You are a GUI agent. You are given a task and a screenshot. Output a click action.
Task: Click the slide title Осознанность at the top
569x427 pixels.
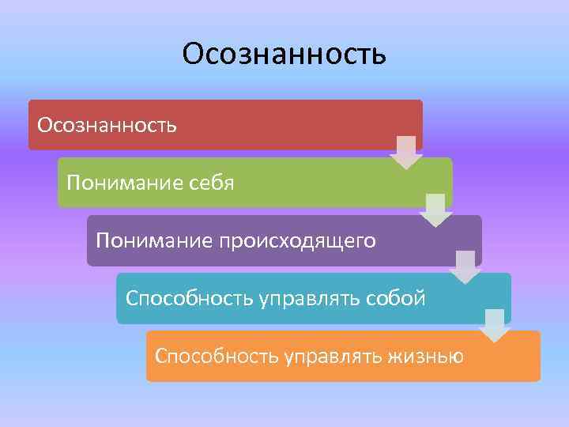click(284, 54)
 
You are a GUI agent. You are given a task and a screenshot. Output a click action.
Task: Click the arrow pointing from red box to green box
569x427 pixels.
click(406, 152)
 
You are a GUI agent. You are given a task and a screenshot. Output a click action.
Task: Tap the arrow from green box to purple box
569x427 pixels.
click(435, 210)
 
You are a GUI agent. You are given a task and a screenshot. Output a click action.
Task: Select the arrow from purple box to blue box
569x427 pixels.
click(465, 267)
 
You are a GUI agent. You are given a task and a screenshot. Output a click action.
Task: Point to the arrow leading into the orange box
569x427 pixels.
click(495, 325)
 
